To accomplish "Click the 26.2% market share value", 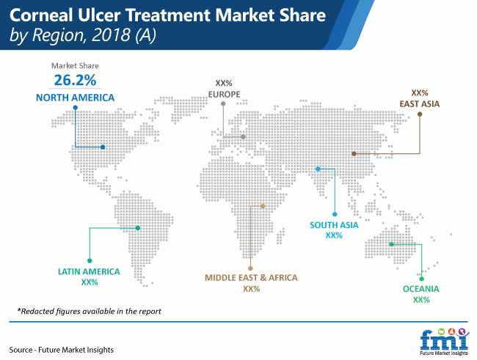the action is tap(75, 80).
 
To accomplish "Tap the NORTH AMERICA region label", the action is tap(75, 98).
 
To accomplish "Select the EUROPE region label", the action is tap(224, 95).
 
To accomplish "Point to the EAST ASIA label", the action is tap(420, 104).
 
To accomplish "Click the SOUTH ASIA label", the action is tap(334, 225).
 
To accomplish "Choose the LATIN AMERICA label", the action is tap(89, 271).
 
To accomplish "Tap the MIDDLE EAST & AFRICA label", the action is tap(251, 278).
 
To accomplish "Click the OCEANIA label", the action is tap(421, 289).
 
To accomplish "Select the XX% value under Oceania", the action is tap(421, 300).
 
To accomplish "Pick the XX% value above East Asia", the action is tap(420, 92).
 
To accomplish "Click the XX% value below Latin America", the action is tap(90, 282).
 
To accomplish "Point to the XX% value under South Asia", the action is tap(334, 235).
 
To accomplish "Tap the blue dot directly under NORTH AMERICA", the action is tap(76, 108).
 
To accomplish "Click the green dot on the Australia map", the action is tap(392, 244).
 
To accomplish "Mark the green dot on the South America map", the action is tap(138, 228).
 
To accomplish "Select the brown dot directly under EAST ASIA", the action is tap(420, 114).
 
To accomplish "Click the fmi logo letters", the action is tap(444, 340).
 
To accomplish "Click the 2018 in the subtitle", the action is tap(111, 34).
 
